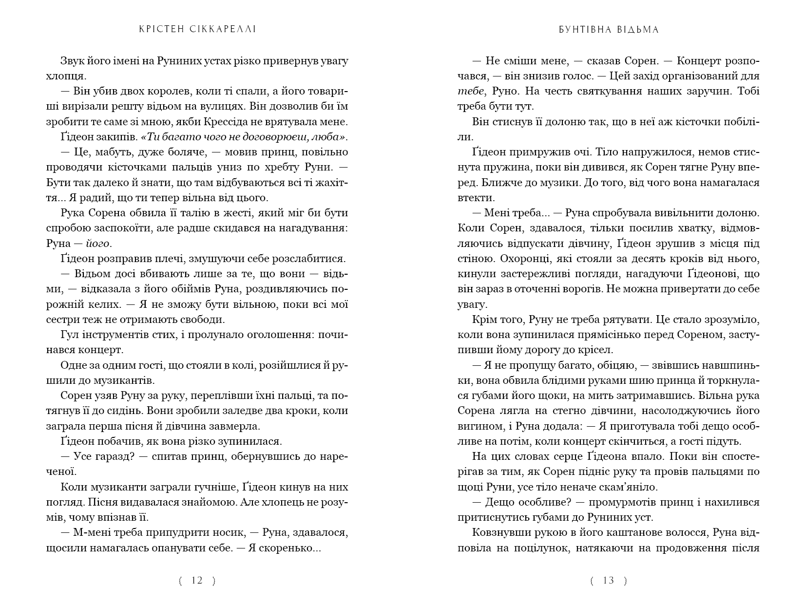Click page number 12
click(197, 580)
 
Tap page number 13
click(609, 580)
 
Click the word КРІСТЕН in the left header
click(154, 29)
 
